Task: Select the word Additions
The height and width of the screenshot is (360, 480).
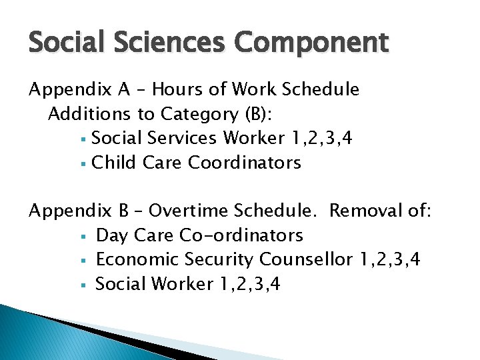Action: coord(87,114)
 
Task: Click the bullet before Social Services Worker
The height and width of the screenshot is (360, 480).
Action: coord(82,139)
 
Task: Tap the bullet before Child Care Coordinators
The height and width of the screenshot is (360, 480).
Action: coord(82,163)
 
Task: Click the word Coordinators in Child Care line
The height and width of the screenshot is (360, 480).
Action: coord(245,163)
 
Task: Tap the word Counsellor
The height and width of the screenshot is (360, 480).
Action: coord(306,260)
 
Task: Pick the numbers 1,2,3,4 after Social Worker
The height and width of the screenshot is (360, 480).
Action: coord(248,285)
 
